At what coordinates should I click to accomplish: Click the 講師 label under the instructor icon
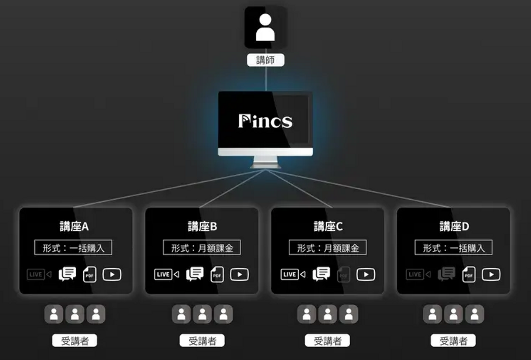pos(265,60)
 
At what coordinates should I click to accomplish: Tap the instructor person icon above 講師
pos(265,28)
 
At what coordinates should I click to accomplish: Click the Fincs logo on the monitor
pos(265,121)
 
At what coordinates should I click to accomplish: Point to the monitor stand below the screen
pos(265,162)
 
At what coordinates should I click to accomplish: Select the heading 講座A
pos(74,226)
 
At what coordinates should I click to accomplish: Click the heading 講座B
pos(202,226)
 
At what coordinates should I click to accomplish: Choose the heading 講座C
pos(328,226)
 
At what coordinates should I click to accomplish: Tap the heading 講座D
pos(454,226)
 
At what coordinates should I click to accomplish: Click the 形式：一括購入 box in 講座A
pos(73,248)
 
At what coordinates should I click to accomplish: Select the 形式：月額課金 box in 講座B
pos(202,248)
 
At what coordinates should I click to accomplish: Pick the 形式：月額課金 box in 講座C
pos(327,248)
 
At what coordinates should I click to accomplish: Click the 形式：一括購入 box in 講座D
pos(454,248)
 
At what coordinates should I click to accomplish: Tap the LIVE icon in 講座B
pos(166,275)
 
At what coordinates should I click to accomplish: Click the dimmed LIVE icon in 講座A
pos(39,275)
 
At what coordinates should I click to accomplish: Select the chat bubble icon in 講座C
pos(321,274)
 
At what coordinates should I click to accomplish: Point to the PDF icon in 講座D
pos(469,275)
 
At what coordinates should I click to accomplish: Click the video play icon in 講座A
pos(112,275)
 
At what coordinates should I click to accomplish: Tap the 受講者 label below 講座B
pos(202,340)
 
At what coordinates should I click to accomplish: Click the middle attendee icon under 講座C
pos(327,314)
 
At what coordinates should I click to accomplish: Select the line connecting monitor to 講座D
pos(358,189)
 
